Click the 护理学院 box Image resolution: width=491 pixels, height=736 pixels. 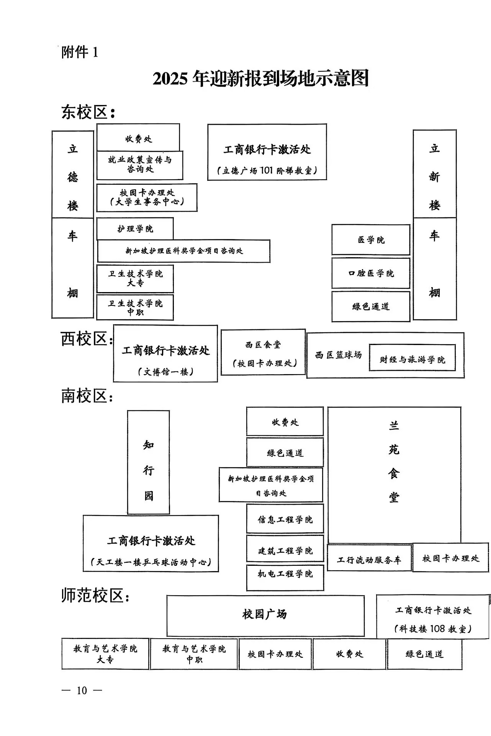(x=135, y=229)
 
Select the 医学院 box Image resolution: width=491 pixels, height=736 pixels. (x=371, y=240)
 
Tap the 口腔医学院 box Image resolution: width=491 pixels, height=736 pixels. (x=371, y=273)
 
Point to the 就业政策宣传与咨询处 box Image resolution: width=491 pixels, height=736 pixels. (x=140, y=165)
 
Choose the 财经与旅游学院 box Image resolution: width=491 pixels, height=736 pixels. (x=412, y=360)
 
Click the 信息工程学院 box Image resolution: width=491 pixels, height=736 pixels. (x=285, y=519)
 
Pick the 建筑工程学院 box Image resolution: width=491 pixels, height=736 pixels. (x=285, y=551)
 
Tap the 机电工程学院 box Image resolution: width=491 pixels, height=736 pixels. (x=285, y=574)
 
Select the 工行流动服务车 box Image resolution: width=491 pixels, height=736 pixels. (x=369, y=560)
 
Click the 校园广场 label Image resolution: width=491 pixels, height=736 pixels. (x=265, y=614)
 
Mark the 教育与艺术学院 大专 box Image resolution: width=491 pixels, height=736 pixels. (x=105, y=654)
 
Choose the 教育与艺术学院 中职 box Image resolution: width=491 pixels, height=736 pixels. (x=194, y=654)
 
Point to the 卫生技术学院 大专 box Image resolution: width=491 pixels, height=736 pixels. (x=135, y=278)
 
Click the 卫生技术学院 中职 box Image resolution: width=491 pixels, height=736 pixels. (x=135, y=307)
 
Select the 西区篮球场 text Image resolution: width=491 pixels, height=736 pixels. (x=338, y=355)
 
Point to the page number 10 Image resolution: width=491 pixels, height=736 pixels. (x=82, y=691)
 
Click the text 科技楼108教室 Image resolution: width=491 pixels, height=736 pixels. (x=433, y=629)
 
